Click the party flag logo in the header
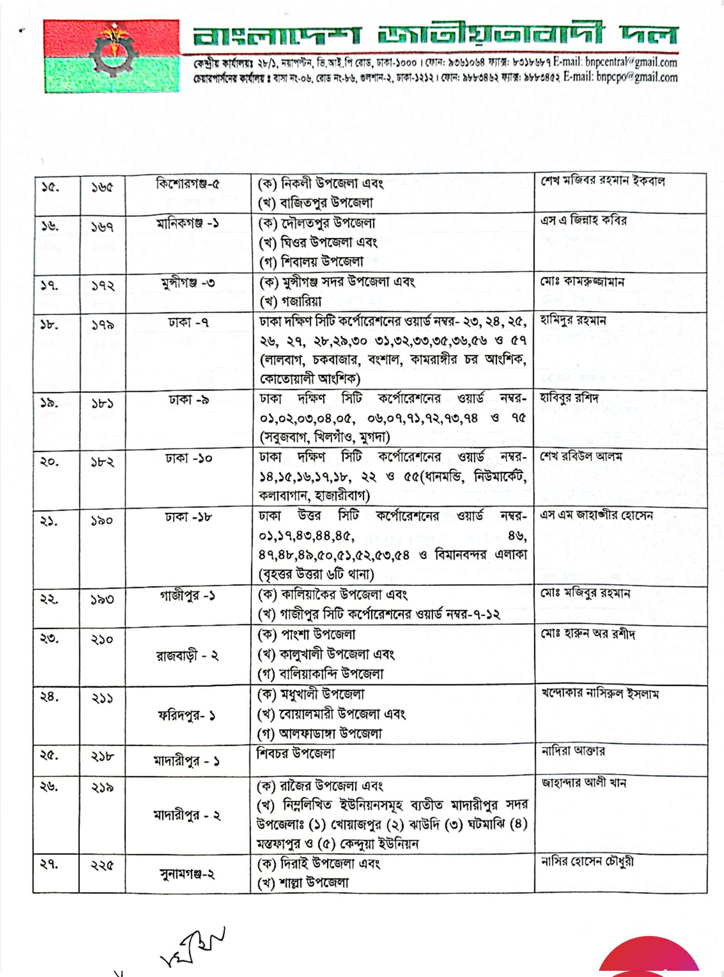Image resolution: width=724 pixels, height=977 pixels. [x=112, y=56]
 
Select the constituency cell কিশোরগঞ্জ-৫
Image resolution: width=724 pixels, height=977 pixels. [x=188, y=184]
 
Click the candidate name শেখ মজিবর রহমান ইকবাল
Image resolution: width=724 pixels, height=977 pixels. [x=602, y=181]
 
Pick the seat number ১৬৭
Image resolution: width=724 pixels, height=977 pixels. [x=103, y=227]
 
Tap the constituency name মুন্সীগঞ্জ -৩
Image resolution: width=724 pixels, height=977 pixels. [x=188, y=282]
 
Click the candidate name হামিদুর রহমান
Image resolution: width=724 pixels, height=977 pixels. [x=573, y=321]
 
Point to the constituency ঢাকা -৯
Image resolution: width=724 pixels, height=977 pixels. [x=188, y=400]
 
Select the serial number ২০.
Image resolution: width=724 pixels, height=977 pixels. [x=49, y=461]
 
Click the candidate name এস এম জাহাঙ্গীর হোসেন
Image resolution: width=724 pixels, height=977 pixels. [x=596, y=515]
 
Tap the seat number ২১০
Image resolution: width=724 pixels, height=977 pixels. [x=102, y=639]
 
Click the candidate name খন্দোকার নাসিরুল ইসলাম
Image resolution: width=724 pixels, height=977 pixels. [x=600, y=694]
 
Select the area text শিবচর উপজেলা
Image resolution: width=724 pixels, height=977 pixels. [x=296, y=754]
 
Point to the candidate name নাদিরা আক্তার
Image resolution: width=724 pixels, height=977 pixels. [x=573, y=751]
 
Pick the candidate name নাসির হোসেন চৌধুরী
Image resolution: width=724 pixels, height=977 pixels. [x=587, y=861]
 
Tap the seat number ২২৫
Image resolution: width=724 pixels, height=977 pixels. [x=102, y=866]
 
